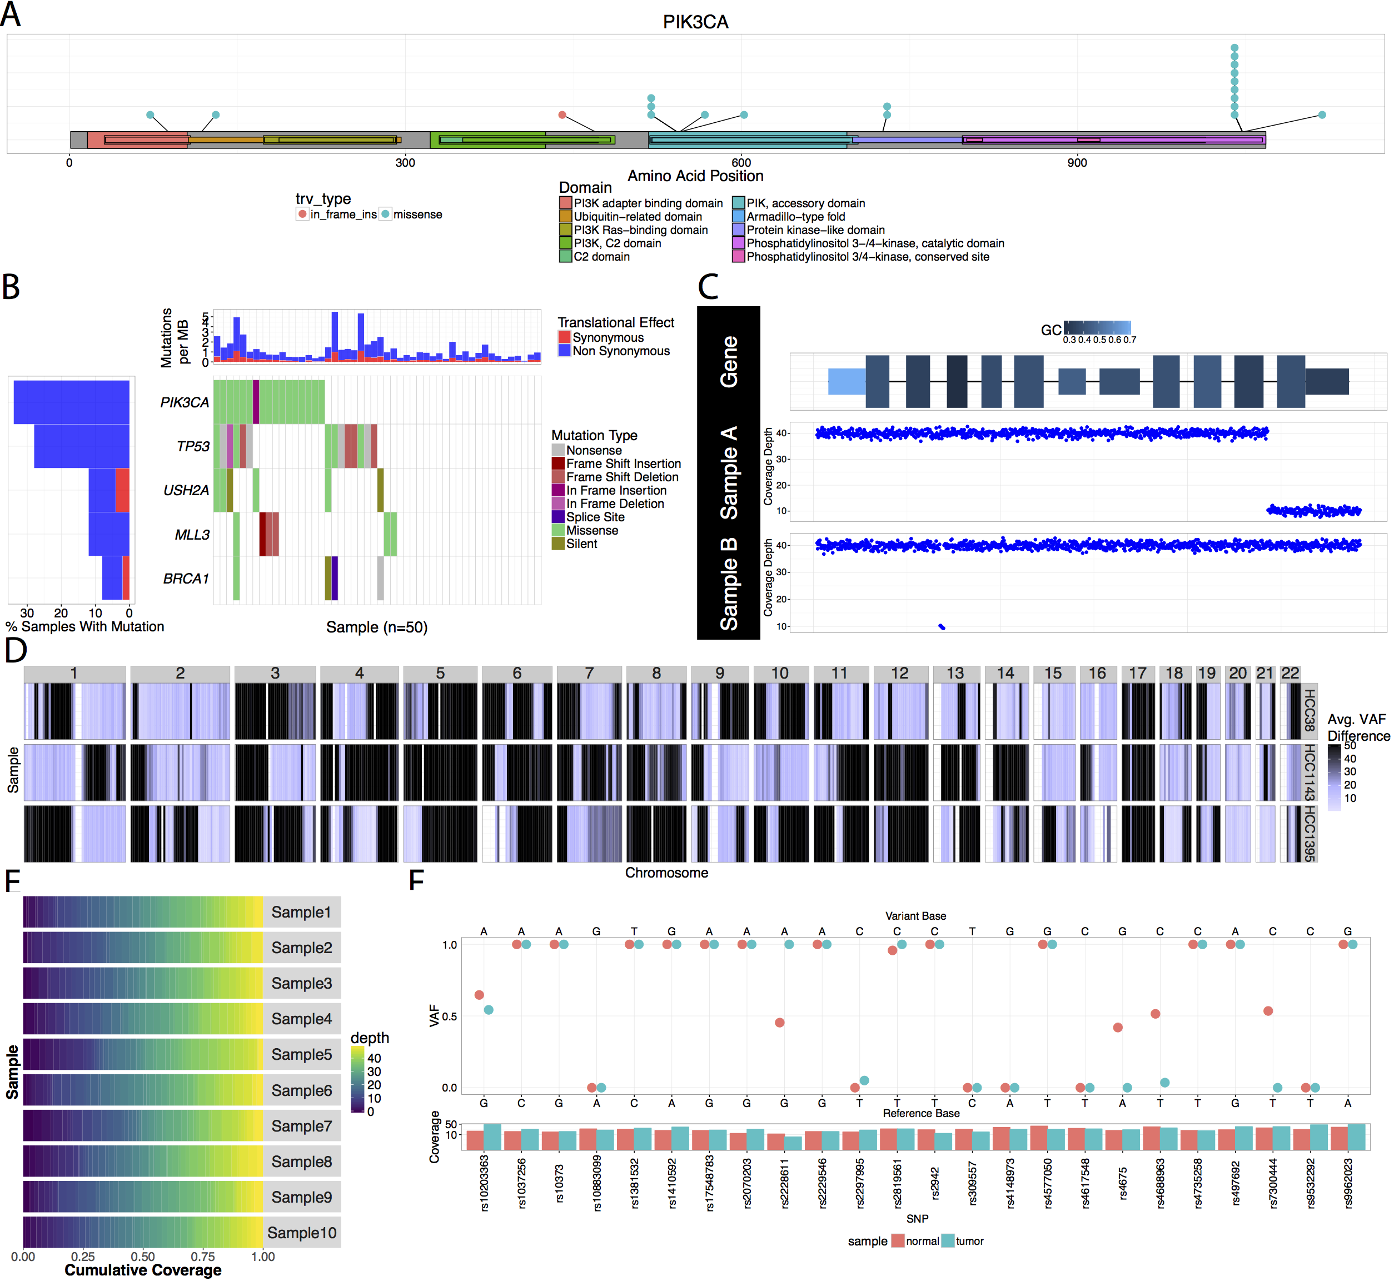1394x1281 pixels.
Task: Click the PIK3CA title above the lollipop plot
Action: pos(695,22)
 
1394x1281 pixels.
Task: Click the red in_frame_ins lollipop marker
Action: pos(562,114)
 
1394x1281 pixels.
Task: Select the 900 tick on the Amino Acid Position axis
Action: pos(1077,163)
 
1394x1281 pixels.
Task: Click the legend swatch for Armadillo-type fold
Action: pos(739,216)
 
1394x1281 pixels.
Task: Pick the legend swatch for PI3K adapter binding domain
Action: pos(566,203)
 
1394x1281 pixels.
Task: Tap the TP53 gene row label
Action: pos(193,446)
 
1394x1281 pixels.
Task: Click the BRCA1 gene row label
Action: pos(186,578)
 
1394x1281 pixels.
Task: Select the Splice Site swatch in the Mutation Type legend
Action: pos(558,517)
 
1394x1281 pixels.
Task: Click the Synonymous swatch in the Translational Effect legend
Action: pos(564,337)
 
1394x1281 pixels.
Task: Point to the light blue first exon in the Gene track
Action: pos(847,381)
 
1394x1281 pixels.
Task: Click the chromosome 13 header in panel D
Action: pos(955,673)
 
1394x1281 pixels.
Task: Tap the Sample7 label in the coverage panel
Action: pos(302,1126)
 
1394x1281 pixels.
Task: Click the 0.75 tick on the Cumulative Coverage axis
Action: pos(202,1257)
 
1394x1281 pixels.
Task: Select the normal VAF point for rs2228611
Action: pos(779,1023)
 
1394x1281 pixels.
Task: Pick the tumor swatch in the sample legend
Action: pos(947,1241)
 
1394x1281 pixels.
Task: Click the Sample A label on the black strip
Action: pos(729,473)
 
